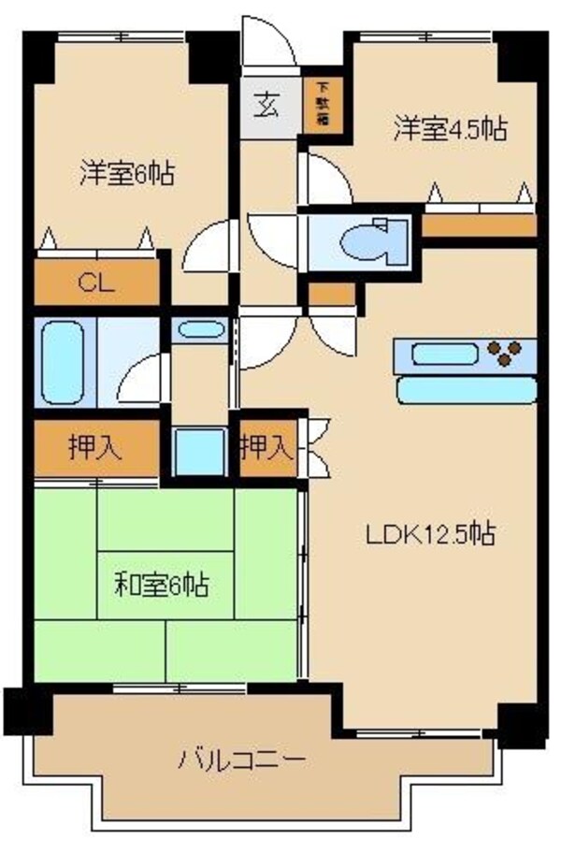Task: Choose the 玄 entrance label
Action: coord(268,105)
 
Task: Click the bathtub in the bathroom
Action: coord(63,363)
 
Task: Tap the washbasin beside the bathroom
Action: coord(199,330)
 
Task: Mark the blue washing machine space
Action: coord(200,452)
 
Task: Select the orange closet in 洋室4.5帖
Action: coord(479,225)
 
